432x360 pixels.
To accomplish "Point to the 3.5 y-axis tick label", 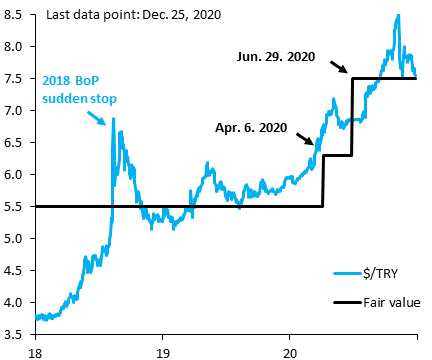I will pos(17,334).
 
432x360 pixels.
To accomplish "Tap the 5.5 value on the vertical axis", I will pos(17,206).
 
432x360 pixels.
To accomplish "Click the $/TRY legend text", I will pos(381,272).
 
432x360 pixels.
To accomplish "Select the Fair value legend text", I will pos(389,301).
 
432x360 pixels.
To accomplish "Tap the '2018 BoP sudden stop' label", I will pos(77,89).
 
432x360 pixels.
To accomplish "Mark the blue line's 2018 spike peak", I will pos(113,118).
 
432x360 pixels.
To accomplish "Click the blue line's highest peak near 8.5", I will pos(398,15).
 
